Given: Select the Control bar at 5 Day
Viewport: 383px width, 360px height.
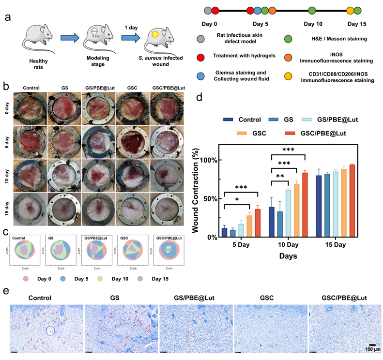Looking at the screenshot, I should tap(224, 232).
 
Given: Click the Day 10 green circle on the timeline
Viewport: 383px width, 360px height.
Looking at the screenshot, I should tap(312, 10).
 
